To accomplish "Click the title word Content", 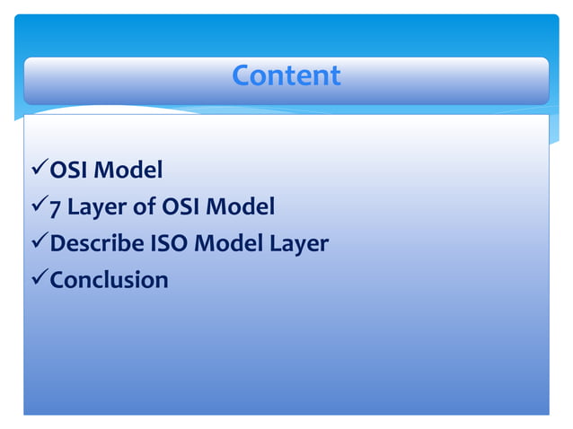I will [x=286, y=75].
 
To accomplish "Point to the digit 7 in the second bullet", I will [x=55, y=207].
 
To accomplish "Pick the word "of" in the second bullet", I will [x=144, y=207].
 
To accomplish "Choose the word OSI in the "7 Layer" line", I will [x=180, y=207].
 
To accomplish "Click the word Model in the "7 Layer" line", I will [x=239, y=207].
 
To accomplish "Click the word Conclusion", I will [x=109, y=279].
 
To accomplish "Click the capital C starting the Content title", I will [x=241, y=75].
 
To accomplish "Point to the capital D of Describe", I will [x=57, y=243].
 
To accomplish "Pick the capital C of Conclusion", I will [x=57, y=279].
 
